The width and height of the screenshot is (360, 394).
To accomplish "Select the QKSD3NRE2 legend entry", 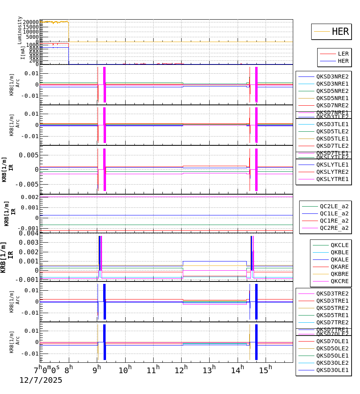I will coord(332,76).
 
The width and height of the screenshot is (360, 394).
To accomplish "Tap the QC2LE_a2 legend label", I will coord(334,206).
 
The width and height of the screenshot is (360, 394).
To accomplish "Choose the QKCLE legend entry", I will coord(339,245).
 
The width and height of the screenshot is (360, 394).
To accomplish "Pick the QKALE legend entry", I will coord(339,259).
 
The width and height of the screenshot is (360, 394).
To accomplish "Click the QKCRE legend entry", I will coord(339,281).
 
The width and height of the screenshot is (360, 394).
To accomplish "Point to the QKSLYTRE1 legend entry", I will coord(332,179).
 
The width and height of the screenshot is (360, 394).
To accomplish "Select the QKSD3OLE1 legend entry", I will coord(332,370).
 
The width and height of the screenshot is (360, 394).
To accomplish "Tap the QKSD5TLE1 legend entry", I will coord(332,139).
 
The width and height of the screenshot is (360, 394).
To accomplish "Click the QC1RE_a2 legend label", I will coord(334,221).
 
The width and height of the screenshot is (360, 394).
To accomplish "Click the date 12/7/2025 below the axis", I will coord(41,380).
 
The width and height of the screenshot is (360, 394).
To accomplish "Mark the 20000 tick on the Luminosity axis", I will coord(31,22).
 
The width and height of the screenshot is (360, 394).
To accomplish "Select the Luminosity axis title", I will coord(20,30).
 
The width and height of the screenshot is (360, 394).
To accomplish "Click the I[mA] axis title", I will coord(23,52).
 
